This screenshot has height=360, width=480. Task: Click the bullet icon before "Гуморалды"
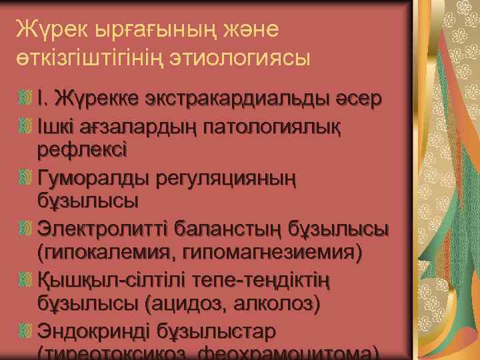coord(26,177)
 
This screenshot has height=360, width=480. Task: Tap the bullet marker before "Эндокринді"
coord(26,331)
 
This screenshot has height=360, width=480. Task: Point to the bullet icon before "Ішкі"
coord(26,125)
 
